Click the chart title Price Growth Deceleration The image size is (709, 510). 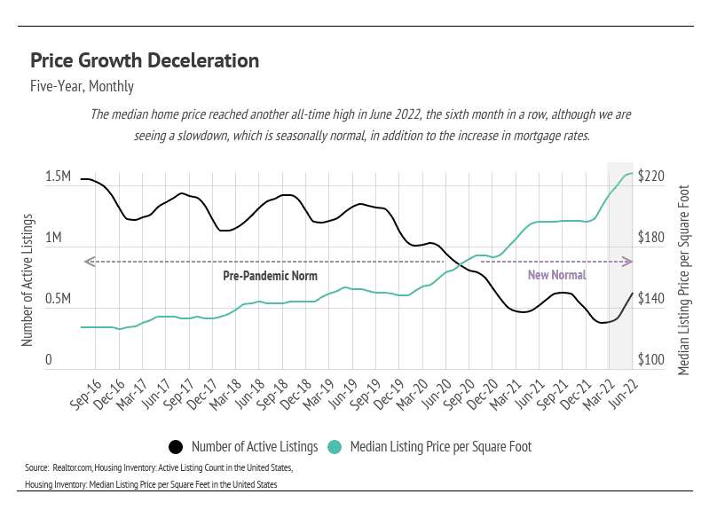pos(145,61)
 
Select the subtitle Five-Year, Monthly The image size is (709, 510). pos(82,87)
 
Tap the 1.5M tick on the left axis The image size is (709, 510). pos(58,178)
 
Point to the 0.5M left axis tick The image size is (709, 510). pos(58,299)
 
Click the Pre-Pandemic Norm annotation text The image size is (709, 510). pos(270,276)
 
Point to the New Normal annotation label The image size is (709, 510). pos(556,276)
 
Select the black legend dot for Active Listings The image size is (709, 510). pos(176,446)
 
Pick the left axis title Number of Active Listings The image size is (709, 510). pos(28,279)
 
